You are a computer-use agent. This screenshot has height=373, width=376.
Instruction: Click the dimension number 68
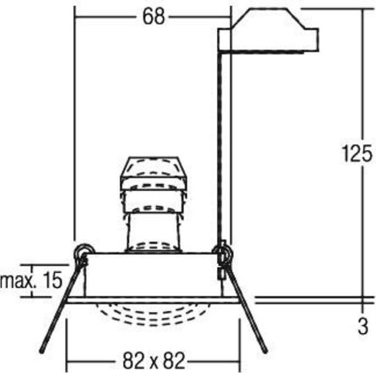(x=154, y=17)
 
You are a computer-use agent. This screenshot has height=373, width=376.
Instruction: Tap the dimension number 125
(x=357, y=153)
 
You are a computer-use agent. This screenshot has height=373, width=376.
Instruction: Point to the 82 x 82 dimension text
(x=154, y=361)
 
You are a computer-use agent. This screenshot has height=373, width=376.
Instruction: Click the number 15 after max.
(x=53, y=280)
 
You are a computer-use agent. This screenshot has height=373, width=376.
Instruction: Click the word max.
(x=19, y=281)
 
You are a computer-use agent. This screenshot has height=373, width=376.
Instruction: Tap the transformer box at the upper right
(x=268, y=30)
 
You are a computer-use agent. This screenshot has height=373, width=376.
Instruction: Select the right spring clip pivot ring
(x=223, y=252)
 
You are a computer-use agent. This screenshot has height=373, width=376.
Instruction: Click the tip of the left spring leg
(x=41, y=352)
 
